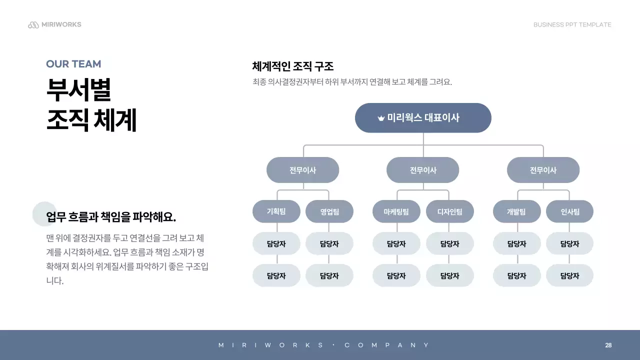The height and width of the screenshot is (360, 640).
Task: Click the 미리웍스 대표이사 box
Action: (423, 118)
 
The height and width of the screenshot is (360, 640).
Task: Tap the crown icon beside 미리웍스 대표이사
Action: (381, 118)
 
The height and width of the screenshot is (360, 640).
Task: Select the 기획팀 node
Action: (276, 211)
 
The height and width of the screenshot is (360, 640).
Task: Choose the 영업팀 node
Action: (329, 211)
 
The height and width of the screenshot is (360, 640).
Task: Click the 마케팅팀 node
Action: (396, 211)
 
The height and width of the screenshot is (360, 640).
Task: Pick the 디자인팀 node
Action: (449, 211)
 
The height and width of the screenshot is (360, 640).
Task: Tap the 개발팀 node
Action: (516, 211)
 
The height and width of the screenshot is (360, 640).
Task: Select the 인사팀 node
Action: (569, 211)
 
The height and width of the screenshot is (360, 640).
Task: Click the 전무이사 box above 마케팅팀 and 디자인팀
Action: (422, 170)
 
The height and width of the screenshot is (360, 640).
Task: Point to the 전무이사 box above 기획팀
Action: (302, 170)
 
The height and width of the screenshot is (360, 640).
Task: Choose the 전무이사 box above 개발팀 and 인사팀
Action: (543, 170)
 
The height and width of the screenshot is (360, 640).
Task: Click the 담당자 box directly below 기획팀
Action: (276, 244)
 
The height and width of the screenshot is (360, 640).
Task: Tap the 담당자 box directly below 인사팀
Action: (569, 244)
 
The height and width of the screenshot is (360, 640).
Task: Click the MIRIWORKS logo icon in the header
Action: (33, 25)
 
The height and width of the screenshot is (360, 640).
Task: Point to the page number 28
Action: (608, 345)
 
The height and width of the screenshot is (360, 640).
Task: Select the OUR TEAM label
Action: (73, 64)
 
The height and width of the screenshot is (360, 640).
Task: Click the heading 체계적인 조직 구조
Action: (293, 66)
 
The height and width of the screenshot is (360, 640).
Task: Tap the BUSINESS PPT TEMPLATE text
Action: (572, 25)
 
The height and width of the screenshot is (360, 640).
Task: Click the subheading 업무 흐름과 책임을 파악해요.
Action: (111, 217)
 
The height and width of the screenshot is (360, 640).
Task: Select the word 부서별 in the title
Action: (78, 90)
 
